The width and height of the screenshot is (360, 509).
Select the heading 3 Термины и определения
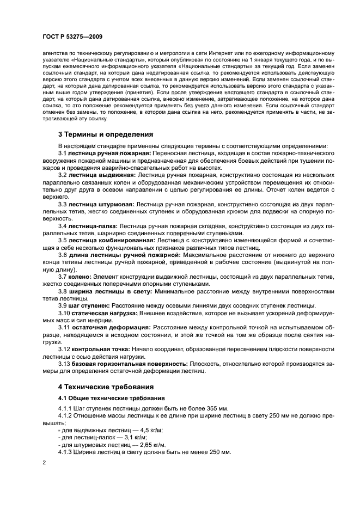(x=105, y=134)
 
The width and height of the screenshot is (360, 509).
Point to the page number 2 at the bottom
(x=44, y=462)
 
